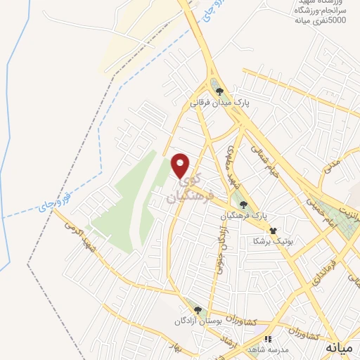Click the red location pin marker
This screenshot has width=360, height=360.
181,166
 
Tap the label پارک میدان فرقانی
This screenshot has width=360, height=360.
219,103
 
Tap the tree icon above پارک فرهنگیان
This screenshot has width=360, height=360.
243,204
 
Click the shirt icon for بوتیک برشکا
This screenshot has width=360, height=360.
273,230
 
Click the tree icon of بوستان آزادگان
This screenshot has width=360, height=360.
198,310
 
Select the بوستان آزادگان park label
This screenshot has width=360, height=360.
198,321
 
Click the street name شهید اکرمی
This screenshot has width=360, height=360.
79,235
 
